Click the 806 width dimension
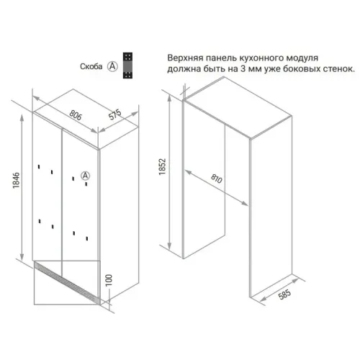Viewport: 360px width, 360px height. (76, 115)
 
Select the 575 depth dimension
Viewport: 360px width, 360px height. (115, 114)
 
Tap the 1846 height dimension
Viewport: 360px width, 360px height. (16, 180)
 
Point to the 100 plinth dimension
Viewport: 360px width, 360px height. (109, 280)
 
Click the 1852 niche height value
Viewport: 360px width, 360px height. (163, 166)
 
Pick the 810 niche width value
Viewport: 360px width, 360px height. (217, 179)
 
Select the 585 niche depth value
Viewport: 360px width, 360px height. (284, 294)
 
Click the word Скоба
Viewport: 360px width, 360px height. (91, 66)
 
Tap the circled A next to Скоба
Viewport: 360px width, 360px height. (112, 66)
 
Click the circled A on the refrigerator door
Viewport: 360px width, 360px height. (85, 176)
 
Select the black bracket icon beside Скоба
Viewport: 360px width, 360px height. (127, 66)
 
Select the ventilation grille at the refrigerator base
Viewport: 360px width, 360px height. (67, 283)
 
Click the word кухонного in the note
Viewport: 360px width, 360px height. (258, 58)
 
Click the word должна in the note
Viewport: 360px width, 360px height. (184, 69)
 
